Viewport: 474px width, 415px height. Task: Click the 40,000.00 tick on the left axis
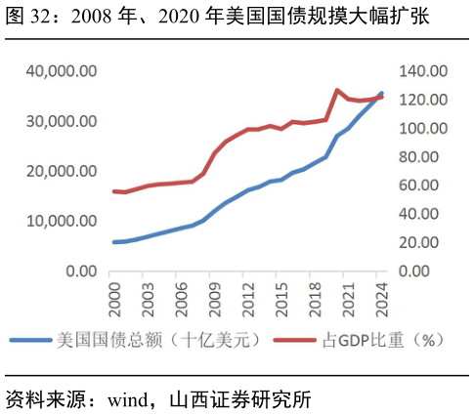(62, 71)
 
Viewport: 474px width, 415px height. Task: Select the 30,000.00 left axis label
(62, 121)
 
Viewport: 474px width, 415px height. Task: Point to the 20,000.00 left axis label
(62, 171)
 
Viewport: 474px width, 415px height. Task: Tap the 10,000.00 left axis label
(62, 221)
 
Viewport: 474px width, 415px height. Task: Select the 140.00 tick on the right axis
(422, 71)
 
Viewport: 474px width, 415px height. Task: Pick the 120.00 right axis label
(422, 100)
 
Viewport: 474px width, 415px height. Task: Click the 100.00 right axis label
(422, 128)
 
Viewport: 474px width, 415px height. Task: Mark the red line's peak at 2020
(337, 91)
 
